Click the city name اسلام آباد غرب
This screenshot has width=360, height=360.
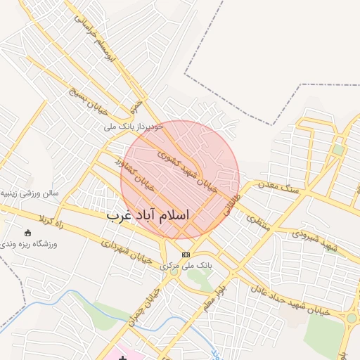point(149,215)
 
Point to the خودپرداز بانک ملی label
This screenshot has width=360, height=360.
point(134,127)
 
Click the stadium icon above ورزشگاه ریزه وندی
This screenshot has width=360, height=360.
point(27,233)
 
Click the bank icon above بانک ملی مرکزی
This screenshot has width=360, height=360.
point(186,254)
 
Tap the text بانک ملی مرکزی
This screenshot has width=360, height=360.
point(186,265)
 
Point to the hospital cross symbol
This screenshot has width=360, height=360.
point(123,358)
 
